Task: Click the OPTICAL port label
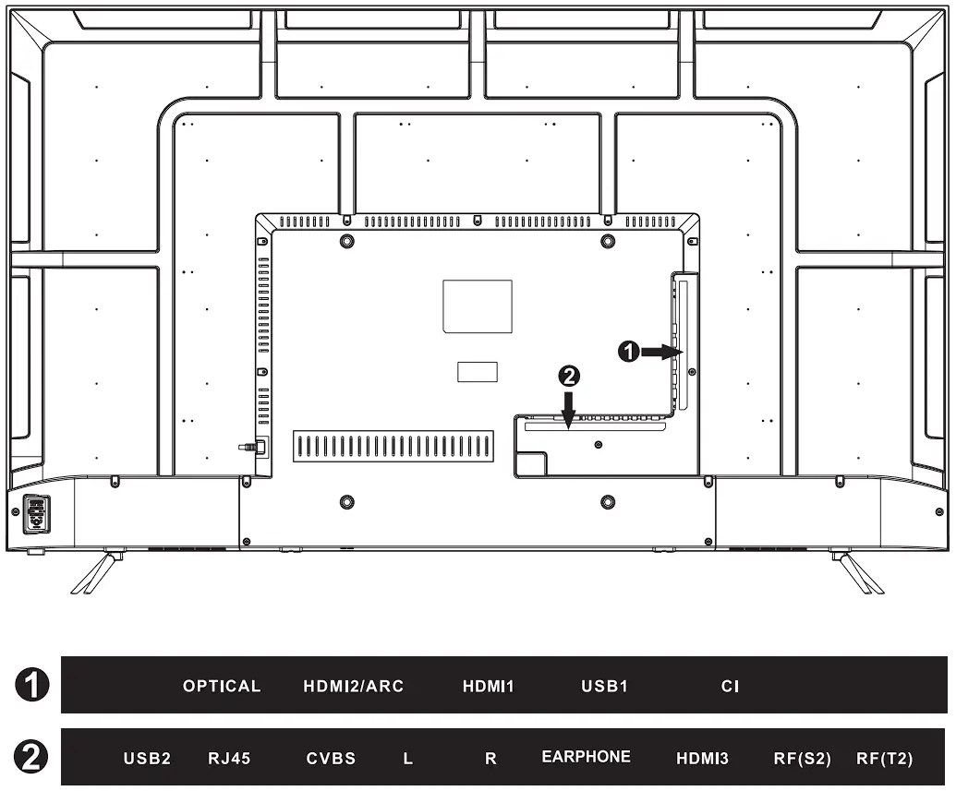point(222,686)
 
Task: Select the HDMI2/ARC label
point(354,686)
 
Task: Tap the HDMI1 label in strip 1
point(489,686)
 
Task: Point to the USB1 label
point(604,686)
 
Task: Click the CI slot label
point(730,686)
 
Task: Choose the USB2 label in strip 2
point(147,759)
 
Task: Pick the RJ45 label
point(229,759)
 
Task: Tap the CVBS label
point(331,759)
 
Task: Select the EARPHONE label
point(586,757)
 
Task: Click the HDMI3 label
point(702,759)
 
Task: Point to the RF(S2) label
point(803,759)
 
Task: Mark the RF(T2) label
point(885,759)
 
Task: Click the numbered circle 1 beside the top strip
point(31,684)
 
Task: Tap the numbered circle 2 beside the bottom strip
point(31,757)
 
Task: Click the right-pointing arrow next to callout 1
point(661,352)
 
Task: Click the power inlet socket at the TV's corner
point(36,514)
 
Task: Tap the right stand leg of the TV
point(857,571)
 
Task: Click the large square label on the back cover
point(478,306)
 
